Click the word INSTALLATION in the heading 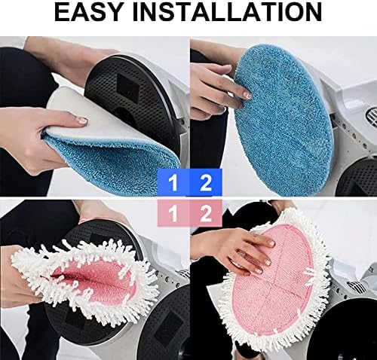tap(227, 12)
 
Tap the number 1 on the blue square tap(173, 183)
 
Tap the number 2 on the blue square tap(206, 183)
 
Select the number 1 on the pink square tap(173, 214)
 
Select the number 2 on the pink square tap(206, 214)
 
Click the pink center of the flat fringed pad tap(273, 281)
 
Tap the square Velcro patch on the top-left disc tap(128, 88)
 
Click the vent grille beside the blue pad tap(371, 117)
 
